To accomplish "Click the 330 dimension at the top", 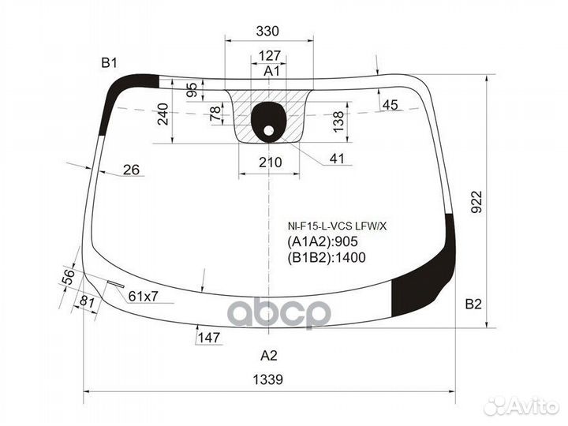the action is [x=267, y=31].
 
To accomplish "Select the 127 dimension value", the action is [x=270, y=55].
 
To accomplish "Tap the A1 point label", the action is [x=271, y=71].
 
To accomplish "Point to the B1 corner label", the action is [x=109, y=63].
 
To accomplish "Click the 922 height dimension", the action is [x=476, y=202].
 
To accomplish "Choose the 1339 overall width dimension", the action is [x=267, y=379].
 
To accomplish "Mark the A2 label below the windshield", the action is [x=269, y=355].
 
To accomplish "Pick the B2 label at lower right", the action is [x=473, y=305].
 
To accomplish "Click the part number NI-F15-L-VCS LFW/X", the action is [x=338, y=226].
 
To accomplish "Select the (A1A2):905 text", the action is [x=323, y=241].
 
